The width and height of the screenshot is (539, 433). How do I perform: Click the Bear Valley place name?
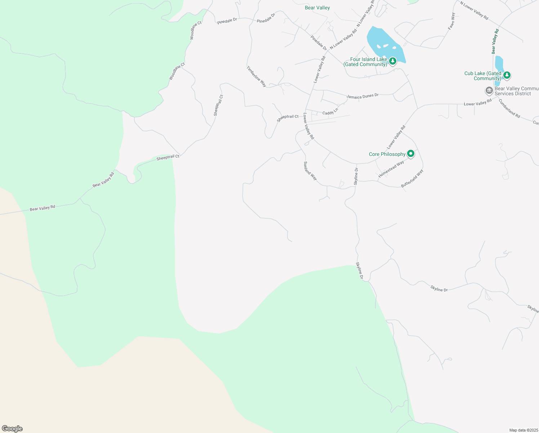click(317, 8)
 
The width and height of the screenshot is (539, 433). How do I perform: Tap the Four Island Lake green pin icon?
click(393, 61)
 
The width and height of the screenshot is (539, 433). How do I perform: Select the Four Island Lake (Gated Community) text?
click(365, 62)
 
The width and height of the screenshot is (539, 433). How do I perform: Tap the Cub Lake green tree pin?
click(507, 75)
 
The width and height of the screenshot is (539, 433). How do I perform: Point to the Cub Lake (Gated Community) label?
click(483, 76)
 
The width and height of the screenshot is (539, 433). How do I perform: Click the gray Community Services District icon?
click(489, 90)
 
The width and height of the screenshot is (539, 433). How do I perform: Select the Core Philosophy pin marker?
click(410, 154)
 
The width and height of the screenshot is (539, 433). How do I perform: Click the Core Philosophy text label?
click(387, 154)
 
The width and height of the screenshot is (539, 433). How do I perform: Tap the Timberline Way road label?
click(257, 76)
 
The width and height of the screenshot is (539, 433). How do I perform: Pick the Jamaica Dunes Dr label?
click(362, 96)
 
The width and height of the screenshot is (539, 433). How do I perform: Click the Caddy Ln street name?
click(330, 111)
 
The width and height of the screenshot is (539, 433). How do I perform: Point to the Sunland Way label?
click(310, 171)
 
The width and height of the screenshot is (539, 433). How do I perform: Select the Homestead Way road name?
click(391, 169)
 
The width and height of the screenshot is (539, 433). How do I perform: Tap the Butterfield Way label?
click(412, 179)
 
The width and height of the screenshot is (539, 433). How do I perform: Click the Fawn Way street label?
click(452, 21)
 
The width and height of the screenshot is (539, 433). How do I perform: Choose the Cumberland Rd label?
click(509, 108)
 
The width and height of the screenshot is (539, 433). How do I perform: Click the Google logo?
click(12, 429)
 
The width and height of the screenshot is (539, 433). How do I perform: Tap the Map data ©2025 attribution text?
click(523, 430)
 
